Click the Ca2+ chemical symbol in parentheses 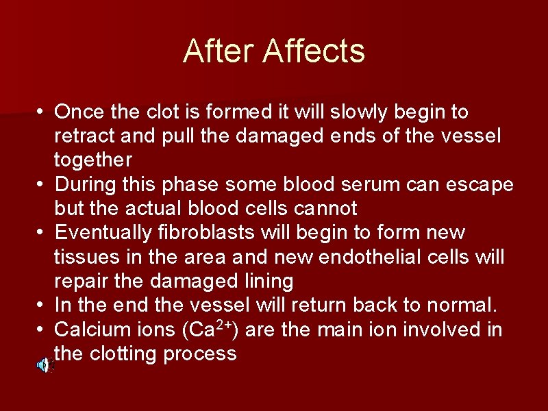(x=207, y=329)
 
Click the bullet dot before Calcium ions (x=42, y=330)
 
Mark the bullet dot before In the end (x=42, y=306)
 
